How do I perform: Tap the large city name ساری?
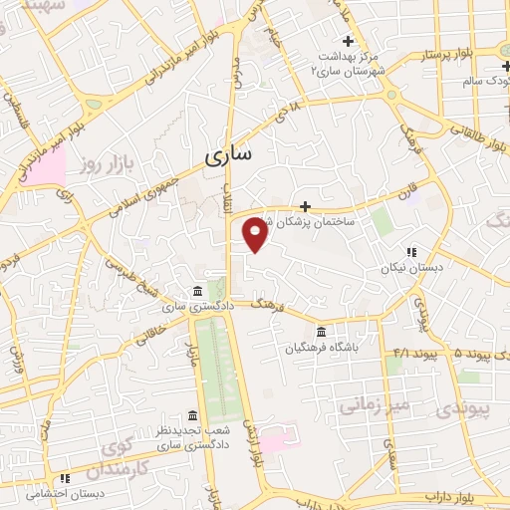[x=228, y=156]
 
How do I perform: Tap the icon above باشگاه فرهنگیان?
[x=321, y=332]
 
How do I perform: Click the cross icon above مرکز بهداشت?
[x=348, y=41]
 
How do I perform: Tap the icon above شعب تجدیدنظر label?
[x=191, y=414]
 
